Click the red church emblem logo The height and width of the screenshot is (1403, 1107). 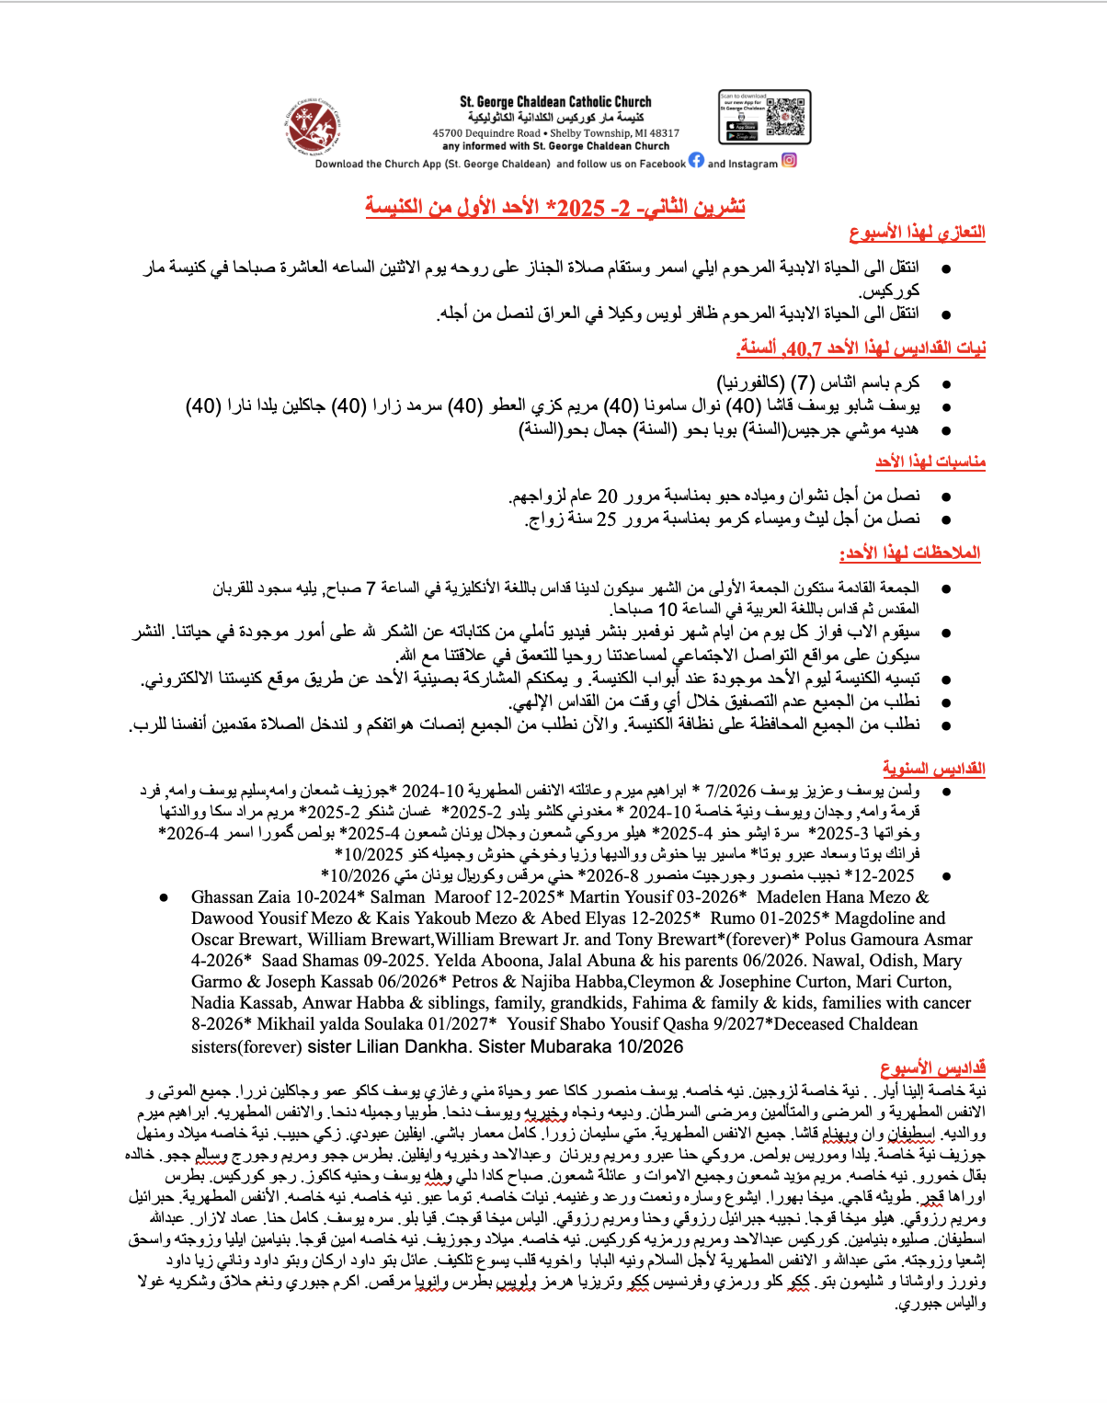pyautogui.click(x=313, y=128)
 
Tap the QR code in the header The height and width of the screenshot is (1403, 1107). pyautogui.click(x=785, y=116)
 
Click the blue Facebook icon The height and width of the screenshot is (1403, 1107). pyautogui.click(x=696, y=160)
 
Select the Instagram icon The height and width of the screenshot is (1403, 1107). pyautogui.click(x=789, y=160)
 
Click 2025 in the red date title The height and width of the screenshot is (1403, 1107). pyautogui.click(x=580, y=208)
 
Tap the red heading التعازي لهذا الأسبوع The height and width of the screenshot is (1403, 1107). pyautogui.click(x=917, y=233)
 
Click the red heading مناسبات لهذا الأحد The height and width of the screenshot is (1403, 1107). pyautogui.click(x=930, y=461)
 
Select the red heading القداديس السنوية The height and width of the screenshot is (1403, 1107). pyautogui.click(x=933, y=768)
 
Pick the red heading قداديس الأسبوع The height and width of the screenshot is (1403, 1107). pyautogui.click(x=932, y=1067)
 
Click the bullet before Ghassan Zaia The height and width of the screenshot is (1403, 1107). pyautogui.click(x=165, y=897)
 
